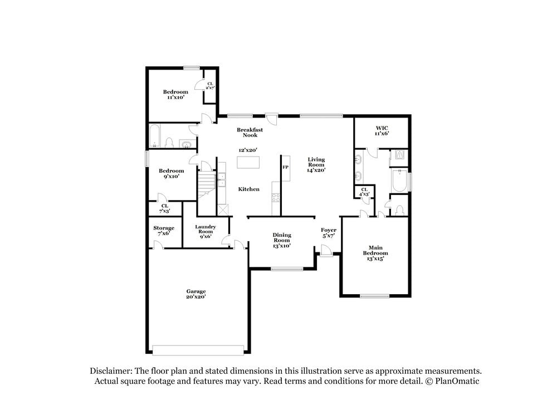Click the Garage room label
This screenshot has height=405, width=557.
(196, 294)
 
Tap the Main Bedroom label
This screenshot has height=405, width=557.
(376, 253)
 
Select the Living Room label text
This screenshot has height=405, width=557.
(316, 164)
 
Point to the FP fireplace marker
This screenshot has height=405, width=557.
(285, 167)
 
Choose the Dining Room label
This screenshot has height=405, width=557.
(282, 240)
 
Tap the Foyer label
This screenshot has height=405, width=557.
(329, 233)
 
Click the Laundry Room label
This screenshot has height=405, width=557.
(206, 231)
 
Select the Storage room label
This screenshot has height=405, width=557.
(164, 231)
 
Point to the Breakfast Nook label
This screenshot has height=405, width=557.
(250, 132)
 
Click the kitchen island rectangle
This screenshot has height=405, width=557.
(248, 162)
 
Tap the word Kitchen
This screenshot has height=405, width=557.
(249, 189)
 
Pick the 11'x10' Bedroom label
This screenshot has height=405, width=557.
(175, 94)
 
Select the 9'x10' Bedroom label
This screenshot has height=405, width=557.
(171, 173)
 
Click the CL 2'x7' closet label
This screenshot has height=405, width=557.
(210, 85)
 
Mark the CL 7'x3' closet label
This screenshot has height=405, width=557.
(165, 208)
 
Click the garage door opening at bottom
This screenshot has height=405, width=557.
(199, 350)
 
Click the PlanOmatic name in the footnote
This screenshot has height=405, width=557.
(456, 382)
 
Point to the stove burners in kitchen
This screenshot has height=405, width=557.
(275, 197)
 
